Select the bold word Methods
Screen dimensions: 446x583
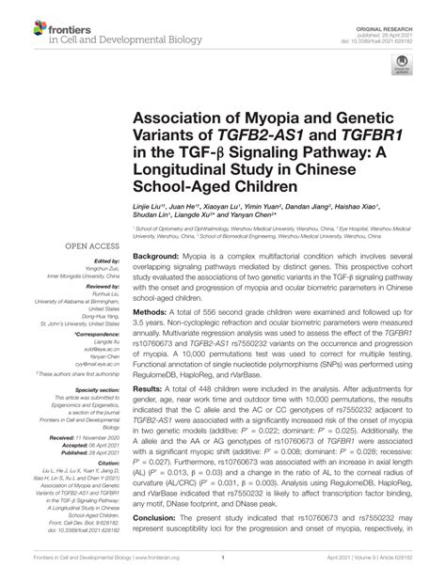pyautogui.click(x=150, y=308)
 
